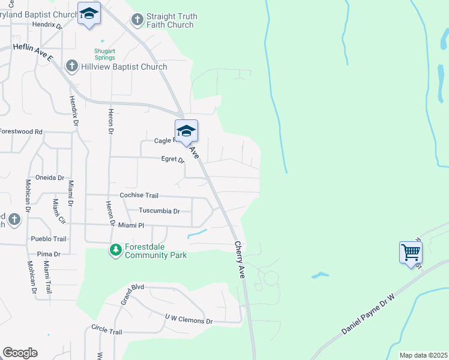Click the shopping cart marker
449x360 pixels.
tap(411, 251)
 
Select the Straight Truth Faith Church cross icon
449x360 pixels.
tap(137, 20)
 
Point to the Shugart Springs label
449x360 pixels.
tap(105, 53)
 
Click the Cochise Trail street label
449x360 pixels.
tap(139, 195)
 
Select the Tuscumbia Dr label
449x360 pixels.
tap(159, 211)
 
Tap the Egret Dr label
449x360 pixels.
tap(172, 159)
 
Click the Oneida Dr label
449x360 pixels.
tap(50, 178)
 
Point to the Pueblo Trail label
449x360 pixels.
tap(48, 239)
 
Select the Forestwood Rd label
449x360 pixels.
tap(22, 131)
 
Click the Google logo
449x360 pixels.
tap(20, 353)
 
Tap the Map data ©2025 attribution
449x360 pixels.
tap(423, 355)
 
